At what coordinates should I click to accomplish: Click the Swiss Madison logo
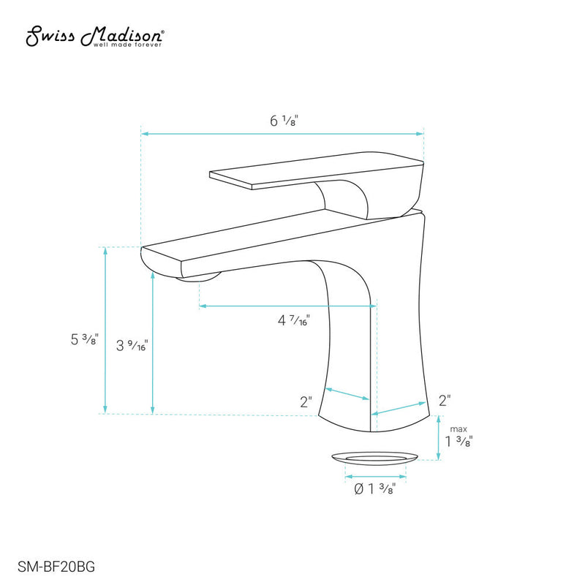click(x=95, y=34)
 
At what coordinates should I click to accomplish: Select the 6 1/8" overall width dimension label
click(x=283, y=121)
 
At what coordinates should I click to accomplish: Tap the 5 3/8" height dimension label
click(x=83, y=339)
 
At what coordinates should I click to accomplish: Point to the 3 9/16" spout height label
click(x=132, y=345)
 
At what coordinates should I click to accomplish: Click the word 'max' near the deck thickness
click(x=458, y=429)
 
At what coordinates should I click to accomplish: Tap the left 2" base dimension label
click(x=306, y=401)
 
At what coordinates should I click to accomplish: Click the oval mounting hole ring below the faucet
click(x=374, y=458)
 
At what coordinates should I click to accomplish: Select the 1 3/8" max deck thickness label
click(x=458, y=442)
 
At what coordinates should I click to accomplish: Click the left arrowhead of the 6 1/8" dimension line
click(x=145, y=134)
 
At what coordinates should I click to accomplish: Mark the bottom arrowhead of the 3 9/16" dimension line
click(x=152, y=410)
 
